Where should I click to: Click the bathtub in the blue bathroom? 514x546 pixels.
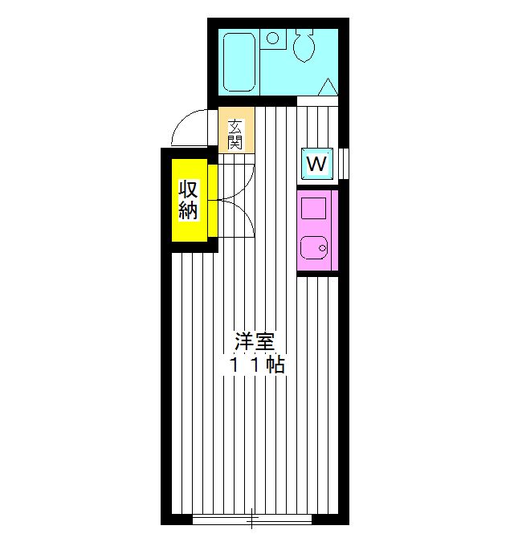(x=239, y=61)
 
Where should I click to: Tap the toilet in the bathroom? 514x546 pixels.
(x=304, y=47)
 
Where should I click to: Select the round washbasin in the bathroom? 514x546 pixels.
(x=273, y=38)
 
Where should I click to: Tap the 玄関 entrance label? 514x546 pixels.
(x=235, y=134)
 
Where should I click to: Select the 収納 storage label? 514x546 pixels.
(x=188, y=201)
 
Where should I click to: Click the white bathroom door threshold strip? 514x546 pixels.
(x=317, y=101)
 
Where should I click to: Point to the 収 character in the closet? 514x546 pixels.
(x=188, y=191)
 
